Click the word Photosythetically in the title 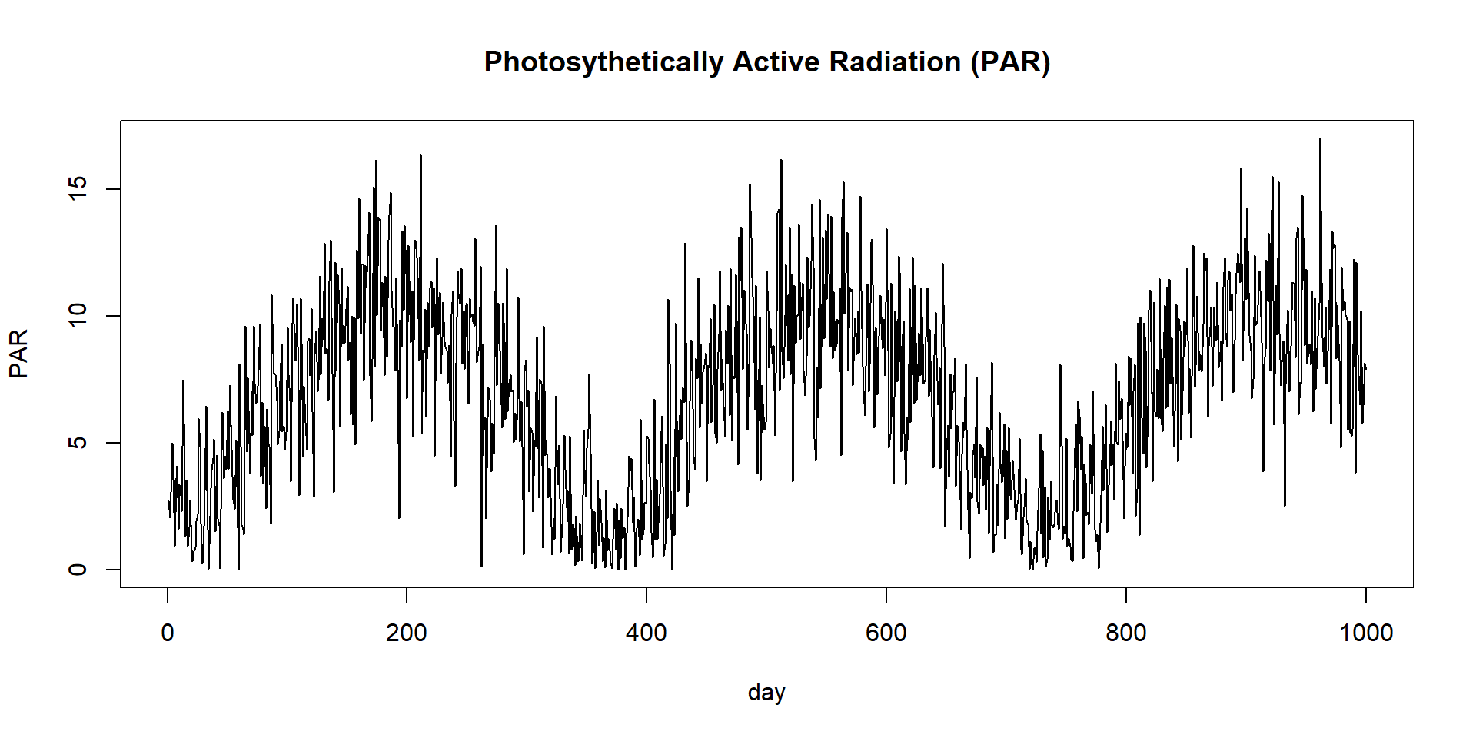coord(603,62)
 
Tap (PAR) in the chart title coord(1009,62)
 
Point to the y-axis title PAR coord(18,353)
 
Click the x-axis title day coord(766,693)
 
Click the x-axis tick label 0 coord(168,633)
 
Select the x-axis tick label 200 coord(407,633)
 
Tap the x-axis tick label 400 coord(647,633)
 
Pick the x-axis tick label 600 coord(886,633)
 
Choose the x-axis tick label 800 coord(1125,633)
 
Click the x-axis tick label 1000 coord(1365,633)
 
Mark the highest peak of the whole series coord(1320,139)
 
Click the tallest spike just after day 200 coord(421,155)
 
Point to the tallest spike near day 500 coord(781,161)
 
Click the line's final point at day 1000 coord(1365,367)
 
